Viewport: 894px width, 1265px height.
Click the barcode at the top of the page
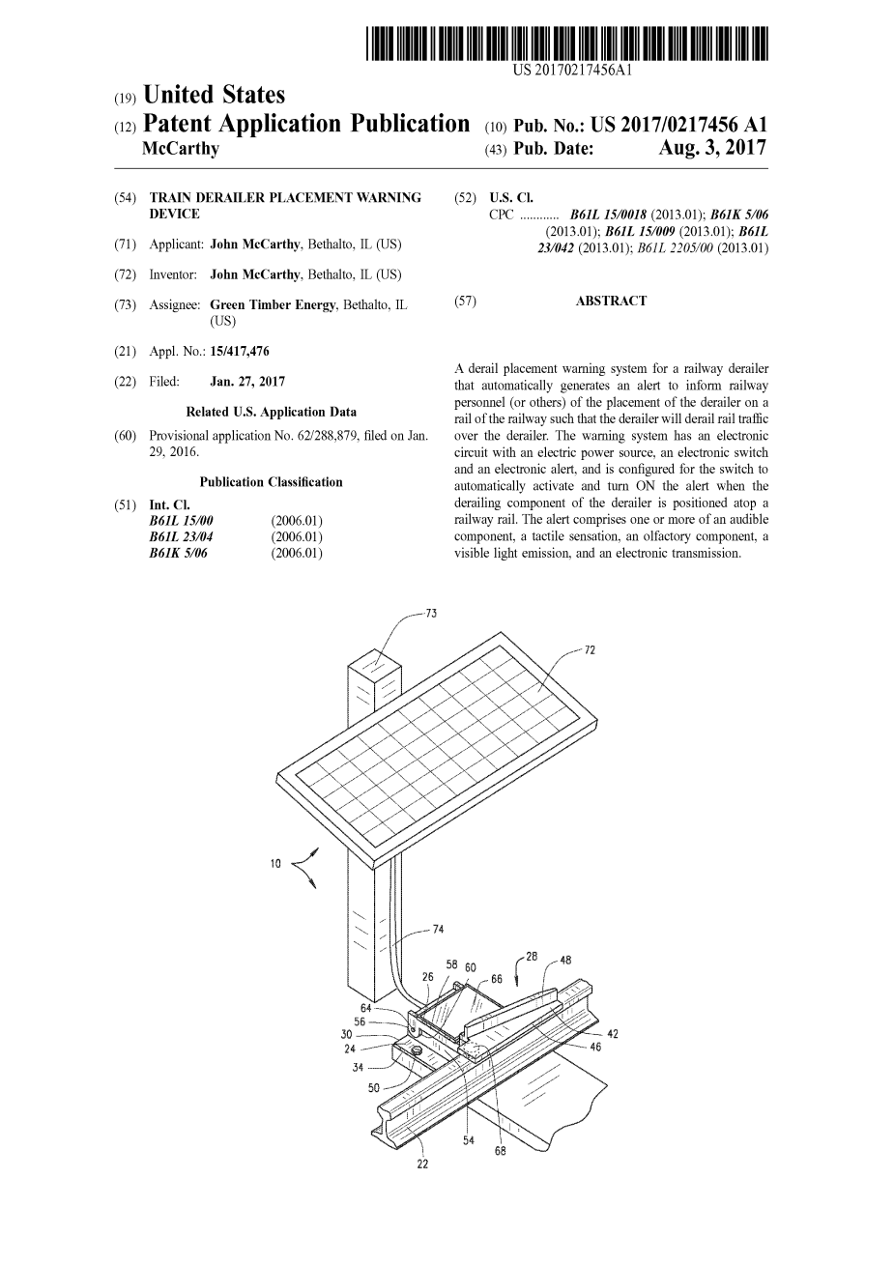pyautogui.click(x=567, y=44)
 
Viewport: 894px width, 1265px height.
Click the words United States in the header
pyautogui.click(x=214, y=96)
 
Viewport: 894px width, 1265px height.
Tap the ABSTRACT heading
pyautogui.click(x=611, y=302)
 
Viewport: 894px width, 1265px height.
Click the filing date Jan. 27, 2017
pyautogui.click(x=247, y=382)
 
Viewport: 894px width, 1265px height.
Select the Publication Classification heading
pyautogui.click(x=271, y=482)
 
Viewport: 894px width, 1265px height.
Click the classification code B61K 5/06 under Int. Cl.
pyautogui.click(x=179, y=554)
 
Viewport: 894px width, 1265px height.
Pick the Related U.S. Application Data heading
pyautogui.click(x=271, y=412)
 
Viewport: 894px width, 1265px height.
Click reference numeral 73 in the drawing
pyautogui.click(x=431, y=614)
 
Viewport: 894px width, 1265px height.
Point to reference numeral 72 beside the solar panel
pyautogui.click(x=590, y=650)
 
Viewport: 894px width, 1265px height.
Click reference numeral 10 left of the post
pyautogui.click(x=275, y=863)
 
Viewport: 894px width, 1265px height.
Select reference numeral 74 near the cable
pyautogui.click(x=438, y=930)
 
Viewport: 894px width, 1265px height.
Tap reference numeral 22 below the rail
pyautogui.click(x=422, y=1163)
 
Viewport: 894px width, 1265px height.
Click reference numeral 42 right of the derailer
pyautogui.click(x=612, y=1034)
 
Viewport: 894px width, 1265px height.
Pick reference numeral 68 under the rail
pyautogui.click(x=500, y=1151)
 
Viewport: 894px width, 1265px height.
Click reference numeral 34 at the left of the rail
pyautogui.click(x=358, y=1068)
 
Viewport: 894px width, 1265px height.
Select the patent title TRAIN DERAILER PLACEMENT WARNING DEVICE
pyautogui.click(x=285, y=205)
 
